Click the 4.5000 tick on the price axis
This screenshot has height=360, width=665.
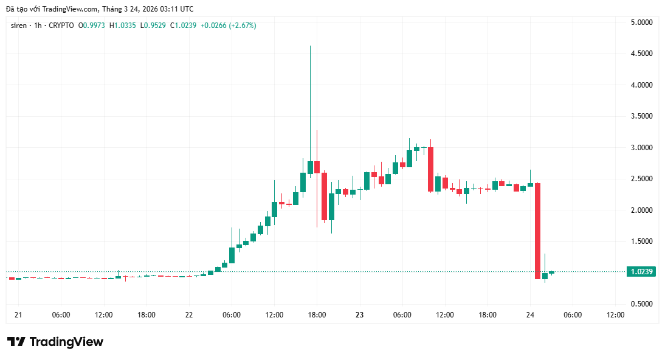tap(641, 54)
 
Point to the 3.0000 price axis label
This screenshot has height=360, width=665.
tap(641, 148)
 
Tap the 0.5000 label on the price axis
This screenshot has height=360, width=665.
tap(641, 304)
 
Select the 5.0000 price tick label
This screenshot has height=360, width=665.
tap(641, 22)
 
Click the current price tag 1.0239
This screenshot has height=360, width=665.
tap(641, 272)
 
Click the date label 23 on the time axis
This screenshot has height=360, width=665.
tap(359, 315)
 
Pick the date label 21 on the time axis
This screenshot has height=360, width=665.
tap(18, 315)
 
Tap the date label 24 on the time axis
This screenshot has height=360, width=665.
tap(530, 315)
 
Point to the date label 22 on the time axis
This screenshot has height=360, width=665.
tap(189, 315)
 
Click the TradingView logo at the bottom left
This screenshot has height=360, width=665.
tap(55, 342)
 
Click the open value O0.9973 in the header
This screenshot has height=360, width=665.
tap(92, 26)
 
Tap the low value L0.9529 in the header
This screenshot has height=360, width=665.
tap(154, 26)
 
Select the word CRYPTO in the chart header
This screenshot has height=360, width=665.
tap(61, 26)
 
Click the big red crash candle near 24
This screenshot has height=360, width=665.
tap(537, 231)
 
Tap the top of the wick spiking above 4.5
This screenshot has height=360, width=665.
tap(310, 46)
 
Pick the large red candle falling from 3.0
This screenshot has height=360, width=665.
tap(430, 169)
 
